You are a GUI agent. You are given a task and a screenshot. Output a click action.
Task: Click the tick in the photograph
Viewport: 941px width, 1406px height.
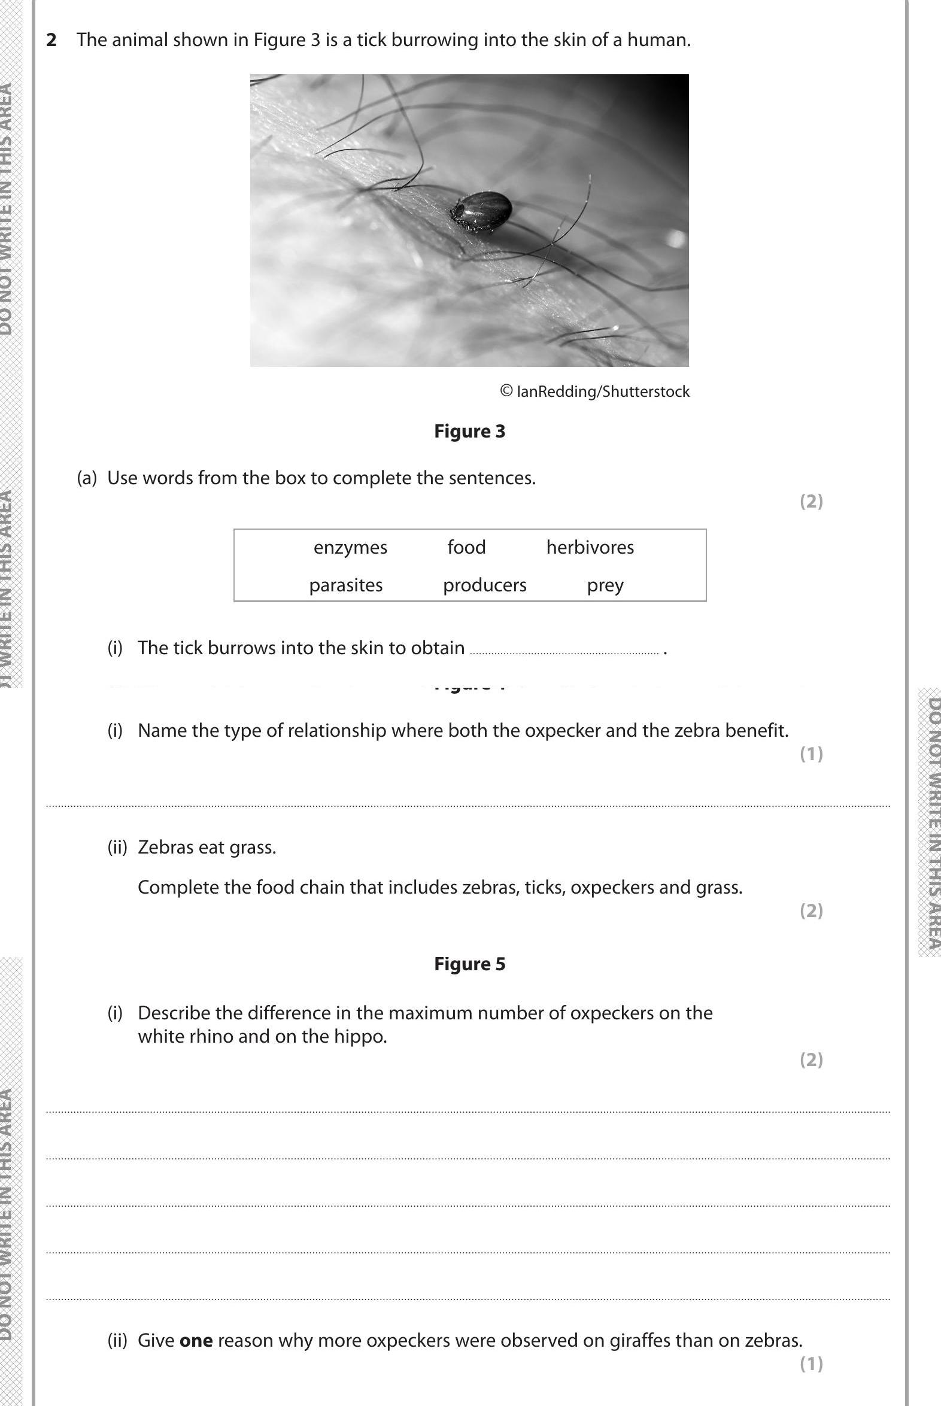click(x=482, y=210)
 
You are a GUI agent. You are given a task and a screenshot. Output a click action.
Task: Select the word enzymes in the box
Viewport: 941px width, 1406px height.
click(x=350, y=547)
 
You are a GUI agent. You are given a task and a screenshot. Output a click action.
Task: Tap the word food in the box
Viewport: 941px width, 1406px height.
click(x=466, y=547)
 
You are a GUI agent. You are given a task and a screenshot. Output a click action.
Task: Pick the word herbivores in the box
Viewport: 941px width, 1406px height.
click(x=590, y=547)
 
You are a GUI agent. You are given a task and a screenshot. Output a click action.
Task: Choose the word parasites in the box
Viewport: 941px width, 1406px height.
click(x=345, y=585)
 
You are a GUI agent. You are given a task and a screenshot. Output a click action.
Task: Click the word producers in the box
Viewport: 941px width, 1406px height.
click(x=484, y=585)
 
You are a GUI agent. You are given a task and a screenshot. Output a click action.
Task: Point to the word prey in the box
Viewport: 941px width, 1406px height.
click(x=605, y=585)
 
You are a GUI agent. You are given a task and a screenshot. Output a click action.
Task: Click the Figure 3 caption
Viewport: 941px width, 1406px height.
click(x=469, y=432)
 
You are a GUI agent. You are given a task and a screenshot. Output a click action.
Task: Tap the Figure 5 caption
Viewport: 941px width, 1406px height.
click(x=469, y=964)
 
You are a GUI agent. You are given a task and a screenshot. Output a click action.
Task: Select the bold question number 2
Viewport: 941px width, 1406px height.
click(x=51, y=40)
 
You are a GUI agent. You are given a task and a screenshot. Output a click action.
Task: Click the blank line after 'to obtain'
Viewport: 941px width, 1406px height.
click(x=563, y=651)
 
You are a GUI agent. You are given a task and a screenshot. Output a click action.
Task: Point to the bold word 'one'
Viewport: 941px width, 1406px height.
click(x=196, y=1340)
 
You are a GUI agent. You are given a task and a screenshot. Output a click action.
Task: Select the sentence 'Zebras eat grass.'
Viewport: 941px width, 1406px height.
click(x=207, y=848)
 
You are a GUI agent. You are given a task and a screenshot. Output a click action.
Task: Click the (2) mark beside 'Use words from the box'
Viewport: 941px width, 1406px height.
click(x=811, y=501)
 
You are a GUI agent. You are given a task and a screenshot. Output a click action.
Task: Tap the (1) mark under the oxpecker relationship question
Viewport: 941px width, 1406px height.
click(x=811, y=754)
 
